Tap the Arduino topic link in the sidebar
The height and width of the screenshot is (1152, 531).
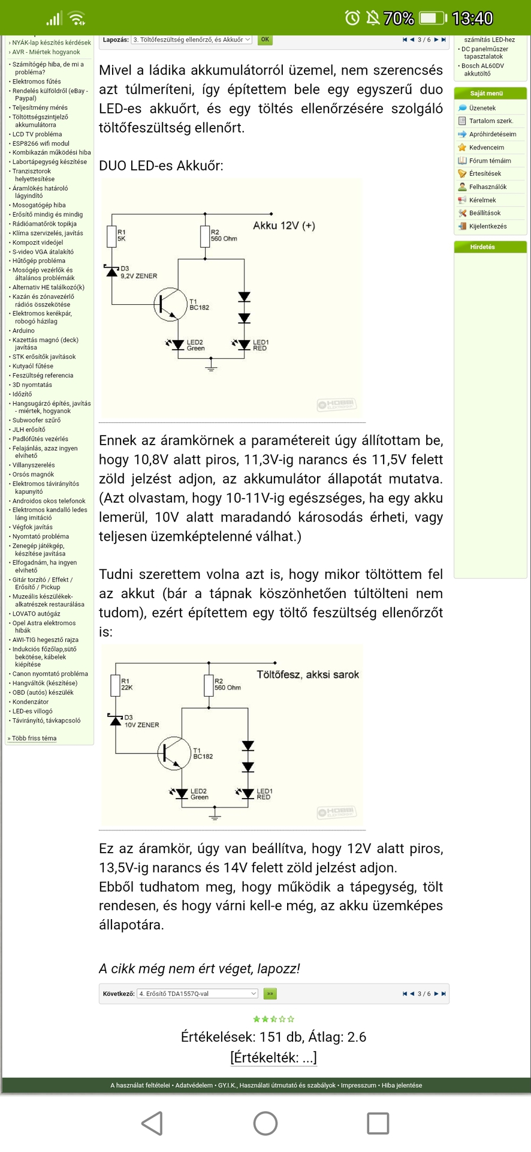pyautogui.click(x=23, y=331)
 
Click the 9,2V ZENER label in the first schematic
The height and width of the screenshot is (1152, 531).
pyautogui.click(x=138, y=276)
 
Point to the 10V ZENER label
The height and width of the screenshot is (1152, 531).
pyautogui.click(x=141, y=725)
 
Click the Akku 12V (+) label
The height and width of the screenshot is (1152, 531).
pyautogui.click(x=283, y=226)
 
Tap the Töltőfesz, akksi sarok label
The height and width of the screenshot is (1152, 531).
pyautogui.click(x=307, y=674)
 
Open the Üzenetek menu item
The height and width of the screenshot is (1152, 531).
pyautogui.click(x=482, y=108)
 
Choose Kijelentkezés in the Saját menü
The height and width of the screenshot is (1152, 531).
pyautogui.click(x=487, y=226)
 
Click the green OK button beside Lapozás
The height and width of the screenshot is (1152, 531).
pyautogui.click(x=265, y=40)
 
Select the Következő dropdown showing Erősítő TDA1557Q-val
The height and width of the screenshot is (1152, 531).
pyautogui.click(x=197, y=994)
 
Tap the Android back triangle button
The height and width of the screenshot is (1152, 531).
pyautogui.click(x=152, y=1123)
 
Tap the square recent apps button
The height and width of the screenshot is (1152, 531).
pyautogui.click(x=378, y=1123)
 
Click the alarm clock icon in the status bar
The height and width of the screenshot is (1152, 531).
pyautogui.click(x=352, y=18)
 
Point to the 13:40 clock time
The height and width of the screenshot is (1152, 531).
pyautogui.click(x=472, y=19)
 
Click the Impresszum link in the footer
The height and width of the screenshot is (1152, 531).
pyautogui.click(x=358, y=1085)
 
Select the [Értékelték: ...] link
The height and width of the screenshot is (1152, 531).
pyautogui.click(x=273, y=1057)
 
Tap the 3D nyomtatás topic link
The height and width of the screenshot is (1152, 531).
pyautogui.click(x=32, y=385)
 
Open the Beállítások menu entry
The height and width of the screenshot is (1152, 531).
pyautogui.click(x=485, y=213)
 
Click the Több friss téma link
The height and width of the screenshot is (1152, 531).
pyautogui.click(x=34, y=739)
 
